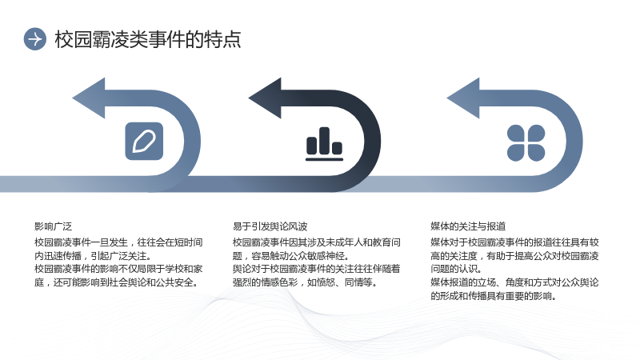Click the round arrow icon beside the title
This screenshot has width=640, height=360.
pyautogui.click(x=34, y=39)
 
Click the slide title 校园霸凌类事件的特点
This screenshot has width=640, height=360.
pyautogui.click(x=148, y=39)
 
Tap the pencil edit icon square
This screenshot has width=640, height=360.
pyautogui.click(x=144, y=142)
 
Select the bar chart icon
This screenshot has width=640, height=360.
pyautogui.click(x=325, y=144)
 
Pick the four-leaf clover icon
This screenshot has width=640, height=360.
pyautogui.click(x=526, y=143)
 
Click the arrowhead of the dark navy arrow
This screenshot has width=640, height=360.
pyautogui.click(x=265, y=98)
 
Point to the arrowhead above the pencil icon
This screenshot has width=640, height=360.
pyautogui.click(x=89, y=98)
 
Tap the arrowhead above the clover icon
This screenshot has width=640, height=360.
pyautogui.click(x=463, y=98)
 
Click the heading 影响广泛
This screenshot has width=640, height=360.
pyautogui.click(x=53, y=226)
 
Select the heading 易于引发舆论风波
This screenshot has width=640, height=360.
pyautogui.click(x=270, y=226)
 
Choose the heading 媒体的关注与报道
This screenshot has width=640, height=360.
pyautogui.click(x=468, y=226)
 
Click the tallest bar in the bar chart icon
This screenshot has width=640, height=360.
pyautogui.click(x=325, y=141)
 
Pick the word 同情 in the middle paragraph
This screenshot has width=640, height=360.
pyautogui.click(x=354, y=282)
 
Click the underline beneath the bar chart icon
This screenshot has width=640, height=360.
pyautogui.click(x=325, y=159)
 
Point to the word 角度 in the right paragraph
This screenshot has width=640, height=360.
pyautogui.click(x=514, y=282)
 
